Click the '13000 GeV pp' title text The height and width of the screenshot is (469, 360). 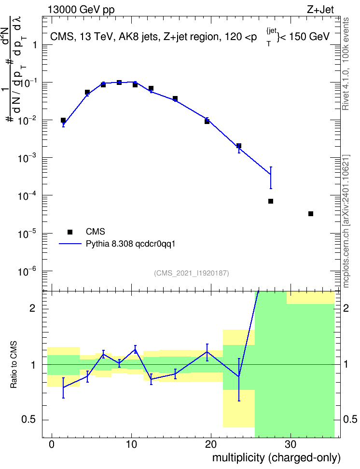point(81,10)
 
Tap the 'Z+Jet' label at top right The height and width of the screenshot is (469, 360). point(320,10)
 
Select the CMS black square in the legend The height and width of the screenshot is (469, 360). point(70,232)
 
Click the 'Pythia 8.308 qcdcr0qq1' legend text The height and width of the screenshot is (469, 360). point(130,244)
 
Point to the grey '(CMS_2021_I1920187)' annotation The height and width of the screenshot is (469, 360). point(192,273)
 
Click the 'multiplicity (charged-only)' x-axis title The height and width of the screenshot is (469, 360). point(277,457)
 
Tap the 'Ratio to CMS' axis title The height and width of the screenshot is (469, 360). point(14,365)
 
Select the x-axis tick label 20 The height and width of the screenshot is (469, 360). point(211,444)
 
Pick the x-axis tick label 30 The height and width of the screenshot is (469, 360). point(291,444)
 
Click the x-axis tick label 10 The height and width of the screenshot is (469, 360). point(131,444)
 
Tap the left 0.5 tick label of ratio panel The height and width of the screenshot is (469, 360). point(29,420)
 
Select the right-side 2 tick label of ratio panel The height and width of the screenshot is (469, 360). point(346,309)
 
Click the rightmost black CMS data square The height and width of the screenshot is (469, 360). point(311,214)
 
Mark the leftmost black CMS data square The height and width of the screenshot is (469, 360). point(63,120)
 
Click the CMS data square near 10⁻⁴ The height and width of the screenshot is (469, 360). point(271,201)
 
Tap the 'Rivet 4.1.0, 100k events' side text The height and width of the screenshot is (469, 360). point(346,64)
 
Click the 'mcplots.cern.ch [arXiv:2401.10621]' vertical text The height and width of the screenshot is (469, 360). point(346,221)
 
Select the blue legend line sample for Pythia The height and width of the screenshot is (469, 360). point(70,244)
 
